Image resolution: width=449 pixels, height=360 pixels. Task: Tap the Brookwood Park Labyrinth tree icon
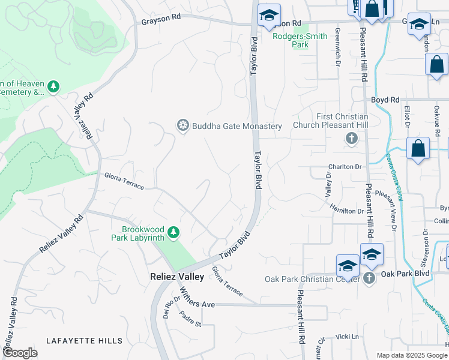pyautogui.click(x=173, y=232)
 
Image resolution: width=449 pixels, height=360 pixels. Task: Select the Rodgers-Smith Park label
pyautogui.click(x=300, y=40)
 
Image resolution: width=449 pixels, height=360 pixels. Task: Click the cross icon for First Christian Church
pyautogui.click(x=352, y=139)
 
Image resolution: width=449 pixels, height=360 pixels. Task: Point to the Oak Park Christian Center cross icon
pyautogui.click(x=369, y=277)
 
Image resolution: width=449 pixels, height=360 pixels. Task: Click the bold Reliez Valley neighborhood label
pyautogui.click(x=177, y=277)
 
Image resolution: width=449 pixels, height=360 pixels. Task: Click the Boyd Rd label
pyautogui.click(x=385, y=100)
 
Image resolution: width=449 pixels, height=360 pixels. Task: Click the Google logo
pyautogui.click(x=20, y=353)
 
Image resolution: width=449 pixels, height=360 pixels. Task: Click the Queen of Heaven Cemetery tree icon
pyautogui.click(x=53, y=88)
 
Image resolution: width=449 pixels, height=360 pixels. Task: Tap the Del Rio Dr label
pyautogui.click(x=167, y=310)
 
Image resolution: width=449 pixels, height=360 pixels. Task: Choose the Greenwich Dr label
pyautogui.click(x=337, y=38)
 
